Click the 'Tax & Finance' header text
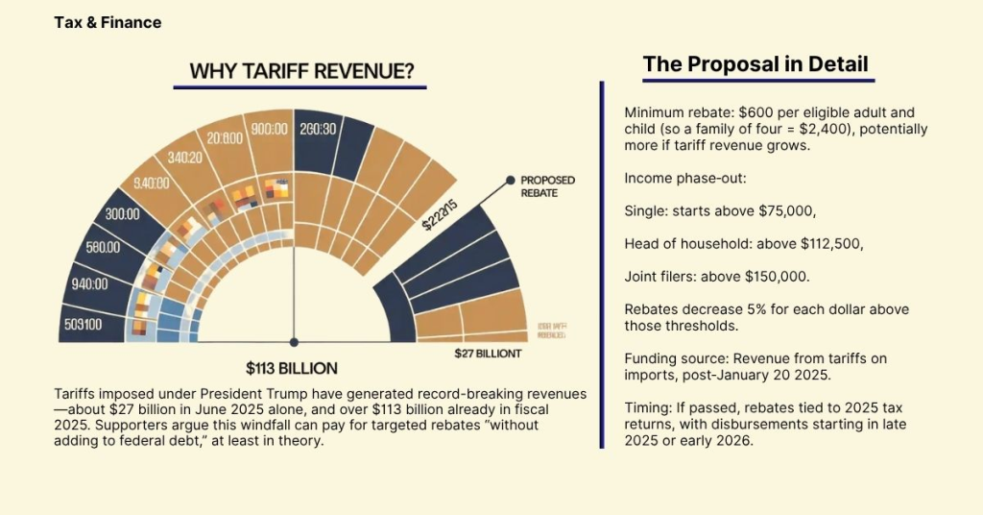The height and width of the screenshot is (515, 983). point(108,22)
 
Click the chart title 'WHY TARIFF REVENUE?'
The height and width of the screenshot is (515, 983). point(301,71)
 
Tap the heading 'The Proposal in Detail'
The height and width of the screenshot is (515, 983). point(755,64)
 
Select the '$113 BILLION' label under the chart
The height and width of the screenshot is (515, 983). point(292,368)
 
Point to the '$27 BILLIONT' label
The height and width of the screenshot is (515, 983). point(488,354)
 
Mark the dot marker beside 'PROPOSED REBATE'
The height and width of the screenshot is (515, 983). point(509,180)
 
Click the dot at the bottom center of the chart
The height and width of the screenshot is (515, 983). point(294,341)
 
